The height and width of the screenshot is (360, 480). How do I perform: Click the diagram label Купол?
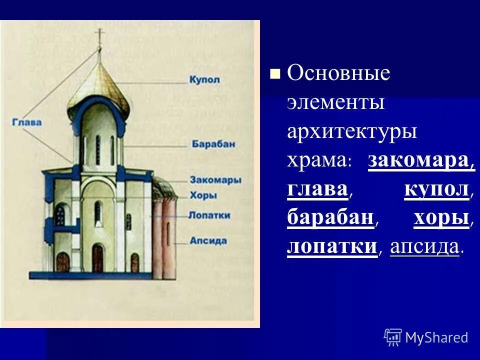tap(205, 79)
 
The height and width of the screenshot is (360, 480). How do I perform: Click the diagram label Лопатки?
tap(209, 215)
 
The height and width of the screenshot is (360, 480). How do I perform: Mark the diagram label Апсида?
tap(208, 240)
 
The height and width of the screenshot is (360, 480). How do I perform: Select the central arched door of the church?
tap(98, 257)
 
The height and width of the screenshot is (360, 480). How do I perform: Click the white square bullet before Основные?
tap(274, 75)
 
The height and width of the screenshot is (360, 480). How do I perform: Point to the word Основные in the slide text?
tap(338, 74)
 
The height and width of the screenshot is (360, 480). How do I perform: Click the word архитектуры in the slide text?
tap(352, 132)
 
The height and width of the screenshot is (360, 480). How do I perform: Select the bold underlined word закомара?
tap(421, 161)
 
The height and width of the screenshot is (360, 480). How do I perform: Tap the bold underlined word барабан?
tap(330, 218)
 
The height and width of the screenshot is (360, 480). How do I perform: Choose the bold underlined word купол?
tap(436, 190)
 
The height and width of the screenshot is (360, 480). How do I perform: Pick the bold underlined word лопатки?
tap(331, 247)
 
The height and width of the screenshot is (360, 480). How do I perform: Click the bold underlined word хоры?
tap(441, 218)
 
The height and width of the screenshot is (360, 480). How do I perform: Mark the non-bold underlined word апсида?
tap(424, 247)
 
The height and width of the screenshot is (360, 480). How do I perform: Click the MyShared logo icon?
tap(393, 337)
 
